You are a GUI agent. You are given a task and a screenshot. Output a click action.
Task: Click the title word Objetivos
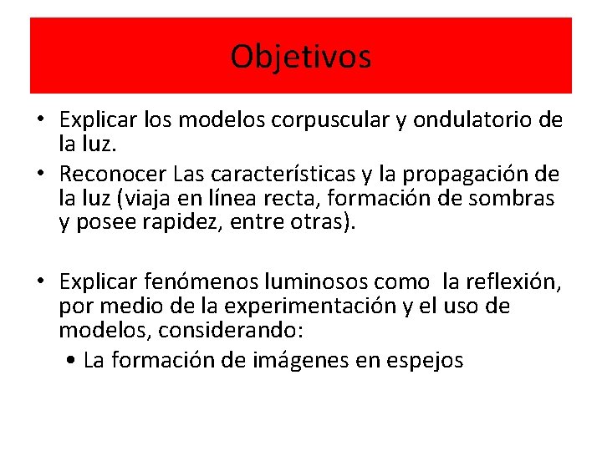(x=301, y=57)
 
